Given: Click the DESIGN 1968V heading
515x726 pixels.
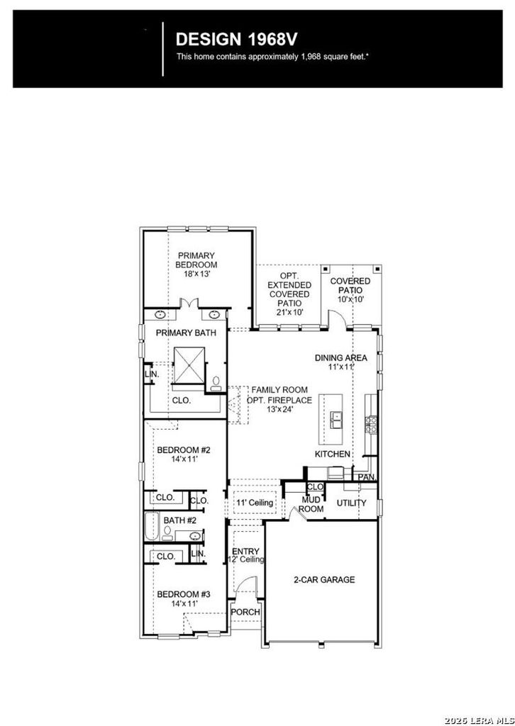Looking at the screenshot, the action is click(236, 40).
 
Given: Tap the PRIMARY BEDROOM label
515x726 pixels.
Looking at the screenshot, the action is click(197, 260).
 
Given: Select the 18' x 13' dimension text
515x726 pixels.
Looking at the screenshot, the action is click(197, 274).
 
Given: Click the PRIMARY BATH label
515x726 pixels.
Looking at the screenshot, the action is click(186, 333).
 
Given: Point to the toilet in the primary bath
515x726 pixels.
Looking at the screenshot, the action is click(216, 384).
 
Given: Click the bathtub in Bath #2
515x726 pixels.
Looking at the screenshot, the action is click(151, 527).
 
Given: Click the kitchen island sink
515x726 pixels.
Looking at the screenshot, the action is click(336, 420).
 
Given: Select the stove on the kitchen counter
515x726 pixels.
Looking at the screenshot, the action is click(371, 425).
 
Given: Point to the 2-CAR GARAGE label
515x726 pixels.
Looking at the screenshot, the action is click(324, 580).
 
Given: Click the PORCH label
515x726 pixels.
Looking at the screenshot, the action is click(245, 612).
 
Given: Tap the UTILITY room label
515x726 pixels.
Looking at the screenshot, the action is click(352, 503).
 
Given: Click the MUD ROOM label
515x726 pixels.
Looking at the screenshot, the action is click(311, 504).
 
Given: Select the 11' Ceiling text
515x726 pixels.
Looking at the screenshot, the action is click(255, 503).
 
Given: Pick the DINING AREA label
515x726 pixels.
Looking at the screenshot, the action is click(341, 358).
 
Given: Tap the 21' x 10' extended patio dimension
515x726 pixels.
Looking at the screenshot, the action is click(289, 313).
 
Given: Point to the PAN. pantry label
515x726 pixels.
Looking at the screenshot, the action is click(367, 477).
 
